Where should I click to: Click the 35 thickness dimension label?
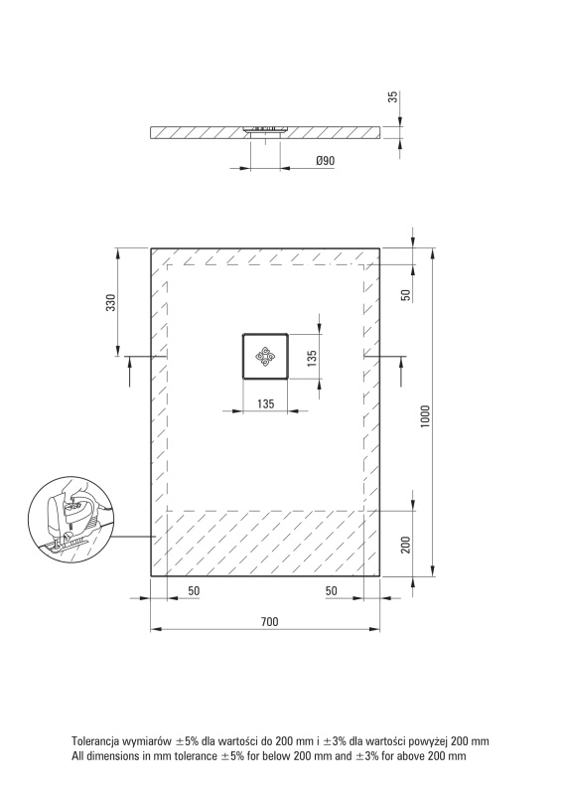coord(393,96)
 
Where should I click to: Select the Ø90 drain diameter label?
coord(326,161)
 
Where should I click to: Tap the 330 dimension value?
coord(111,302)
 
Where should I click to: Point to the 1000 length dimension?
coord(425,415)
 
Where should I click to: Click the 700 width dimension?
coord(270,622)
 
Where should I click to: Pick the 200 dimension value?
coord(405,545)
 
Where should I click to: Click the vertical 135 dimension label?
coord(312,358)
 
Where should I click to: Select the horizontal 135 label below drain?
coord(265,403)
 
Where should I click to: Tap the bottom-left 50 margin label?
coord(194,590)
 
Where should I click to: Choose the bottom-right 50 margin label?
coord(331,590)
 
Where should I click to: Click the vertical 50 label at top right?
coord(405,295)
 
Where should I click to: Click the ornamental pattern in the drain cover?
coord(265,356)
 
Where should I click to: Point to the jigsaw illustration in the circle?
coord(70,519)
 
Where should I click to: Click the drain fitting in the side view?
coord(265,130)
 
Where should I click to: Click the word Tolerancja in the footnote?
coord(95,741)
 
